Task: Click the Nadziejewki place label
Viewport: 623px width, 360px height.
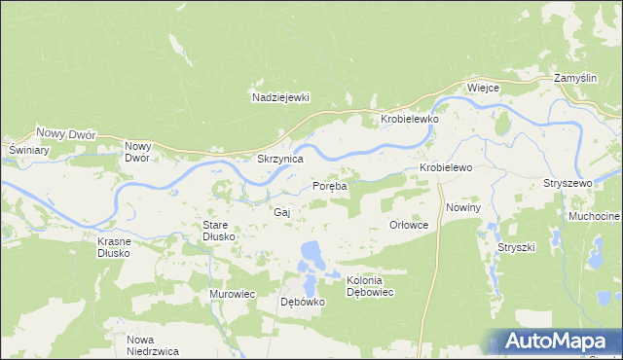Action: (279, 97)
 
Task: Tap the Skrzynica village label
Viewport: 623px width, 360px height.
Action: (279, 158)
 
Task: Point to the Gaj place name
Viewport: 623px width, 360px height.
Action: (282, 211)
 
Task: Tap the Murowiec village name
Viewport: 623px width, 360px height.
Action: (232, 293)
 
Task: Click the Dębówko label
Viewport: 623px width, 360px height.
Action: (302, 302)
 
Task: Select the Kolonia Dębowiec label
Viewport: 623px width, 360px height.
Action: (370, 286)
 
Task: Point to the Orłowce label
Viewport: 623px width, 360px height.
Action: (409, 224)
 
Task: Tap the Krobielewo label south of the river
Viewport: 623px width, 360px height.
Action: (446, 167)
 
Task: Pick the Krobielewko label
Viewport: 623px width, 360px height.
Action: (409, 119)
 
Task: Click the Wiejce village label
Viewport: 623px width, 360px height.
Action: (483, 88)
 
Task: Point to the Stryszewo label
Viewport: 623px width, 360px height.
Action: (568, 183)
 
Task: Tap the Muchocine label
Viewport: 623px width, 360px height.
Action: (595, 215)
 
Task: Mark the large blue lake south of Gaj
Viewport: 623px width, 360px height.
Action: (311, 255)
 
